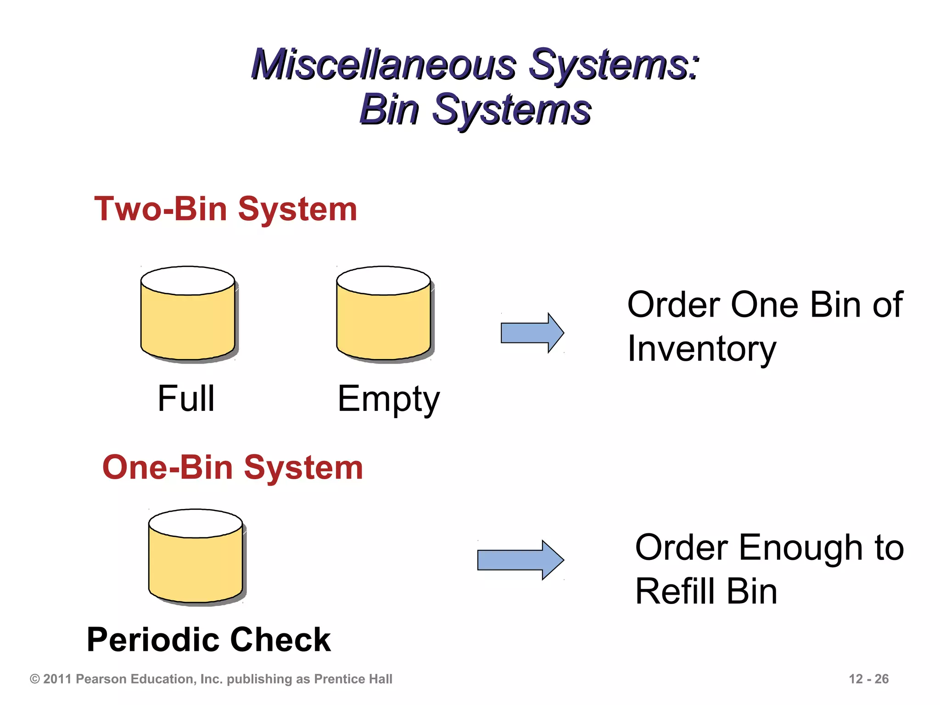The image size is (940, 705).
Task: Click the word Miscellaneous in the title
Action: [x=383, y=66]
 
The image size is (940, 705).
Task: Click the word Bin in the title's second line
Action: [x=389, y=110]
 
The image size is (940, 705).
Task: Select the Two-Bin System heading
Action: [x=225, y=209]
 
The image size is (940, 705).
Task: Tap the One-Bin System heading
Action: [x=232, y=468]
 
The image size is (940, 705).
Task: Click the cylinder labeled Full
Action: [x=188, y=321]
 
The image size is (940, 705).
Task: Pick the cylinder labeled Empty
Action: [x=384, y=321]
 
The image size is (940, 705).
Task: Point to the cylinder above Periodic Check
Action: [x=196, y=565]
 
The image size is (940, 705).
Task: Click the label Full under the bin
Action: [x=186, y=398]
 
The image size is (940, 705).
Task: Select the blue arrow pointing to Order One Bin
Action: [x=532, y=333]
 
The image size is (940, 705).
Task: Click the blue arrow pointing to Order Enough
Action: [x=520, y=560]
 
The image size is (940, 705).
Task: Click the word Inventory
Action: [x=701, y=349]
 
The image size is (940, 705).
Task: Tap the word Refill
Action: [x=673, y=592]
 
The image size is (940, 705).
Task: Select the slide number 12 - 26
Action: [x=868, y=679]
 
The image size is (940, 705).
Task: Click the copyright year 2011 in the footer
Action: [x=57, y=679]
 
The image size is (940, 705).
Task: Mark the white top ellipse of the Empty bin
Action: [x=384, y=280]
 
